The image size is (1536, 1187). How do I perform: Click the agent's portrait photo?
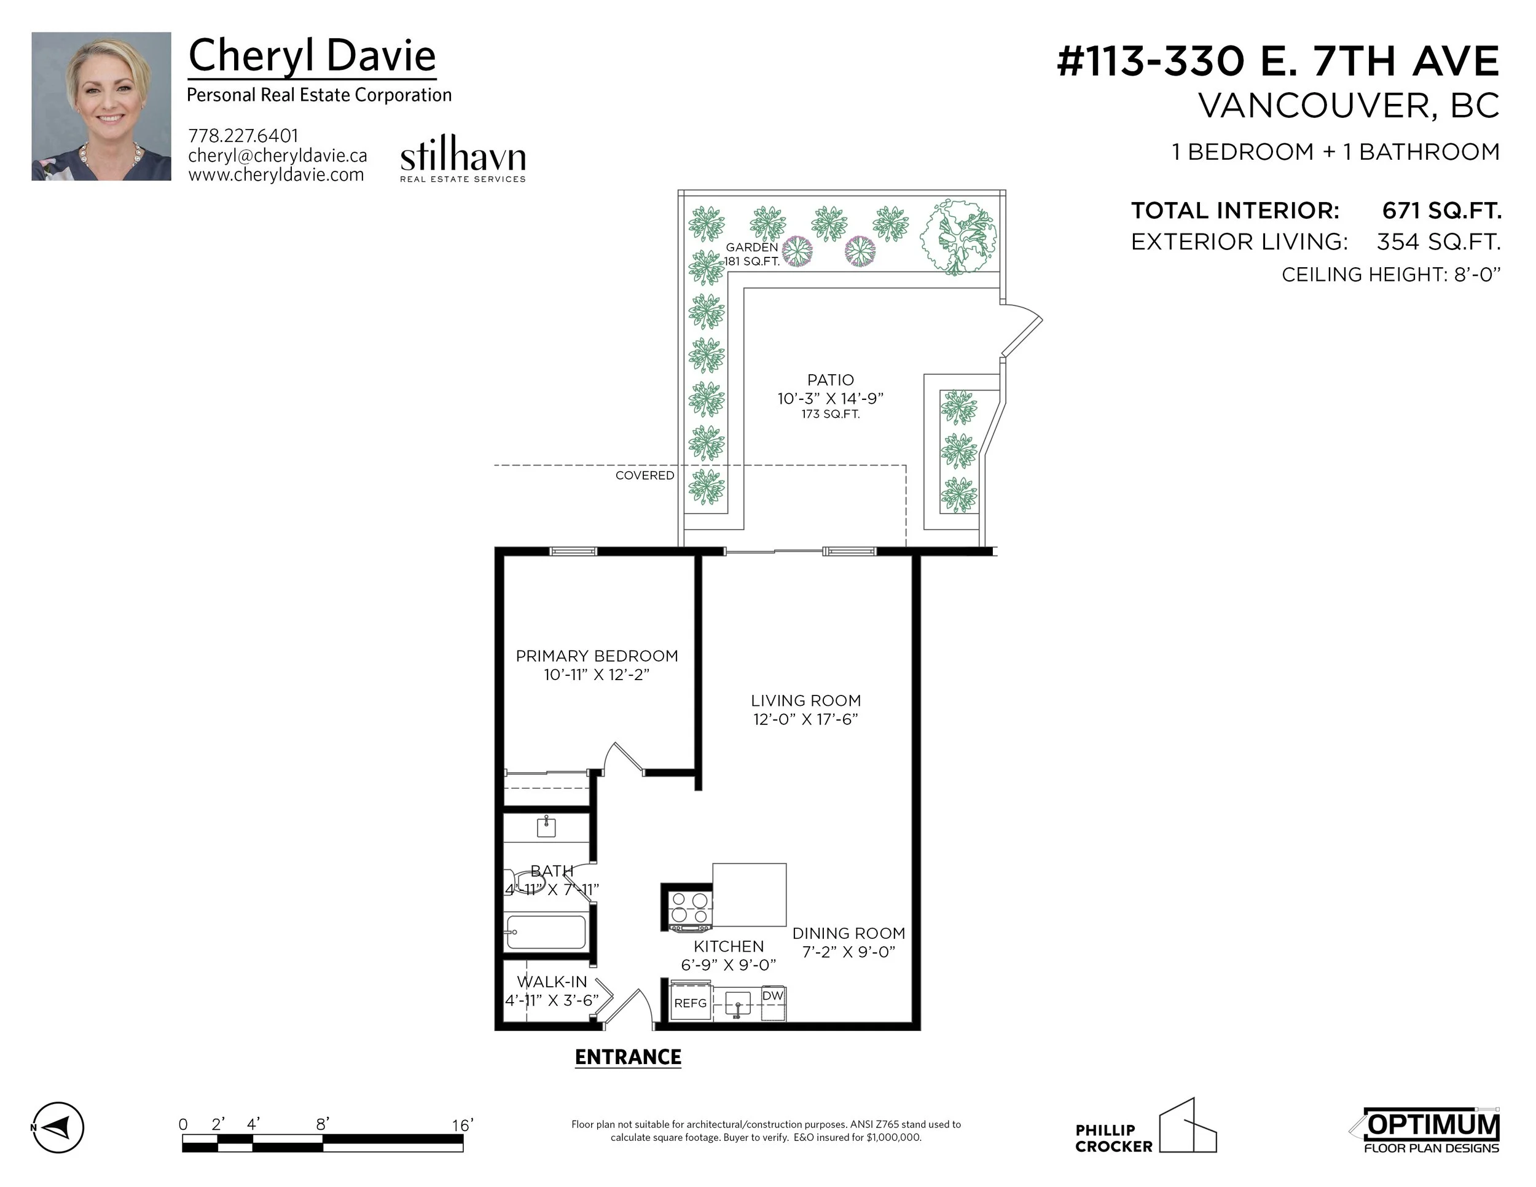point(101,106)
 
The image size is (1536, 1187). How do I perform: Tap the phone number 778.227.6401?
point(243,136)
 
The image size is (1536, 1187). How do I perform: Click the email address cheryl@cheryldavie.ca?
point(277,155)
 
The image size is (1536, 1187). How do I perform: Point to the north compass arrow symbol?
point(58,1127)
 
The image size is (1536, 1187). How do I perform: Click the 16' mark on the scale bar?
point(462,1125)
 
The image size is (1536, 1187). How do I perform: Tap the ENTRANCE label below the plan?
point(628,1057)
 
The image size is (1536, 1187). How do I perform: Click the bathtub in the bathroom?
point(546,932)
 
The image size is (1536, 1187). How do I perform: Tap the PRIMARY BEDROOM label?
point(597,656)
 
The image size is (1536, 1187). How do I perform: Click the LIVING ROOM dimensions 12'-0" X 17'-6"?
point(806,719)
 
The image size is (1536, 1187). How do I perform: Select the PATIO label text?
point(831,380)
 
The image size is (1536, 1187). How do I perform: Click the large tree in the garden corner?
point(958,237)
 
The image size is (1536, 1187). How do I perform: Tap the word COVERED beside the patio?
point(645,476)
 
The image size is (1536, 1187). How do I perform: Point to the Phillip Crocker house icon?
point(1188,1127)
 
